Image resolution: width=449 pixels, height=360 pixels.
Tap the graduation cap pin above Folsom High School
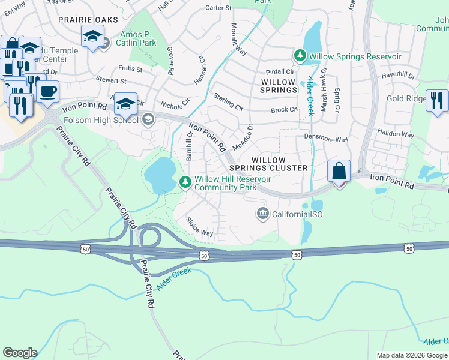point(125,104)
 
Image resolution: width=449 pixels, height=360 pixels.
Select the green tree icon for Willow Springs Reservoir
point(300,56)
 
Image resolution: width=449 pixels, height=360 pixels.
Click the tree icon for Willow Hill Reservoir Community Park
point(186,181)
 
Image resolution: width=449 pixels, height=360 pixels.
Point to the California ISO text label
point(298,214)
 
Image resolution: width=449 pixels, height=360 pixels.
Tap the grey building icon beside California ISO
point(262,214)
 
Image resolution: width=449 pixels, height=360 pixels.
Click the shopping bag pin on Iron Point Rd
point(339,171)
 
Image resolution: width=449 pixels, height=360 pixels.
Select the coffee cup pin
point(47,92)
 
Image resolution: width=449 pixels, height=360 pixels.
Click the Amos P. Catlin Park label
point(138,39)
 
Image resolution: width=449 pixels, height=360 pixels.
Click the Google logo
point(20,352)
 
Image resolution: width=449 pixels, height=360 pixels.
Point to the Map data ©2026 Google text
point(411,355)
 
